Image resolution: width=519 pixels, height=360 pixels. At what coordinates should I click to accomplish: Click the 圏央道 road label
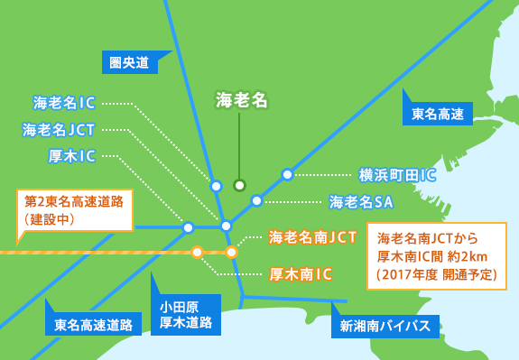pos(128,62)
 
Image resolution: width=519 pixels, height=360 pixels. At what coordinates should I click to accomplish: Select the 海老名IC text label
pos(64,103)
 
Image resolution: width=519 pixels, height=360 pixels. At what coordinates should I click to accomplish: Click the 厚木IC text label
pos(72,156)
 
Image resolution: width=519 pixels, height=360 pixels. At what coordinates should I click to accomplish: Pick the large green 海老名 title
pos(242,100)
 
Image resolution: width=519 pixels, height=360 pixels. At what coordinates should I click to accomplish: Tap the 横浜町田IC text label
pos(397,174)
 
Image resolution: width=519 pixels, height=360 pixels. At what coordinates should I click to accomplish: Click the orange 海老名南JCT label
pos(313,237)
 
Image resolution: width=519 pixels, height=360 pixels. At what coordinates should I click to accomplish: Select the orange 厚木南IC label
pos(301,272)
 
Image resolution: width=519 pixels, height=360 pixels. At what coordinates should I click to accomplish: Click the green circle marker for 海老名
pos(239,185)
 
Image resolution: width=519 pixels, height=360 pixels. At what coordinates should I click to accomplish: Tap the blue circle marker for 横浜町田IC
pos(287,174)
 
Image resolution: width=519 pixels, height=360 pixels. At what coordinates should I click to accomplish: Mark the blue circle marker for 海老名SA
pos(256,200)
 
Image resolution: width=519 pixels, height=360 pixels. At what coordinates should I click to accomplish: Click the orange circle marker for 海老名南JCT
pos(231,252)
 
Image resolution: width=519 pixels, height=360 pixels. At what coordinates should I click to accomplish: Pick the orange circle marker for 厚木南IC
pos(197,252)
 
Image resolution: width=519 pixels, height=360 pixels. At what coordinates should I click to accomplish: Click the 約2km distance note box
pos(437,255)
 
